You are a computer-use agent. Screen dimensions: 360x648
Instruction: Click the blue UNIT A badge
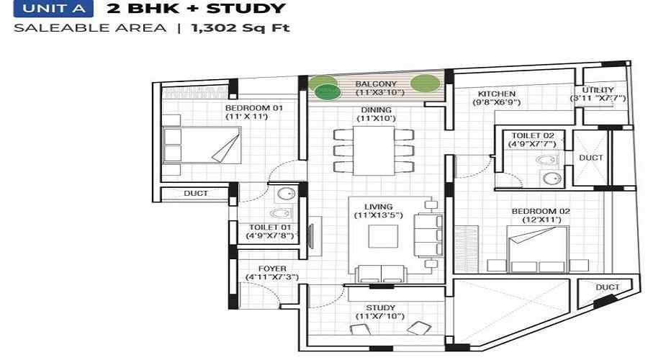(50, 10)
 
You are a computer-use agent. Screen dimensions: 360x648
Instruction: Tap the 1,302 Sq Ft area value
(240, 30)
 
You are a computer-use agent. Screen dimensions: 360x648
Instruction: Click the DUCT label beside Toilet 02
(590, 158)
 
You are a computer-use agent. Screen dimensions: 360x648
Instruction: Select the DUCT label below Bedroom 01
(196, 194)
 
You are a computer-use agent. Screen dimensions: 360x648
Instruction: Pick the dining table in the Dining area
(374, 150)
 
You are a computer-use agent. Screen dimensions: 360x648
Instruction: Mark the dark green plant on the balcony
(328, 91)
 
